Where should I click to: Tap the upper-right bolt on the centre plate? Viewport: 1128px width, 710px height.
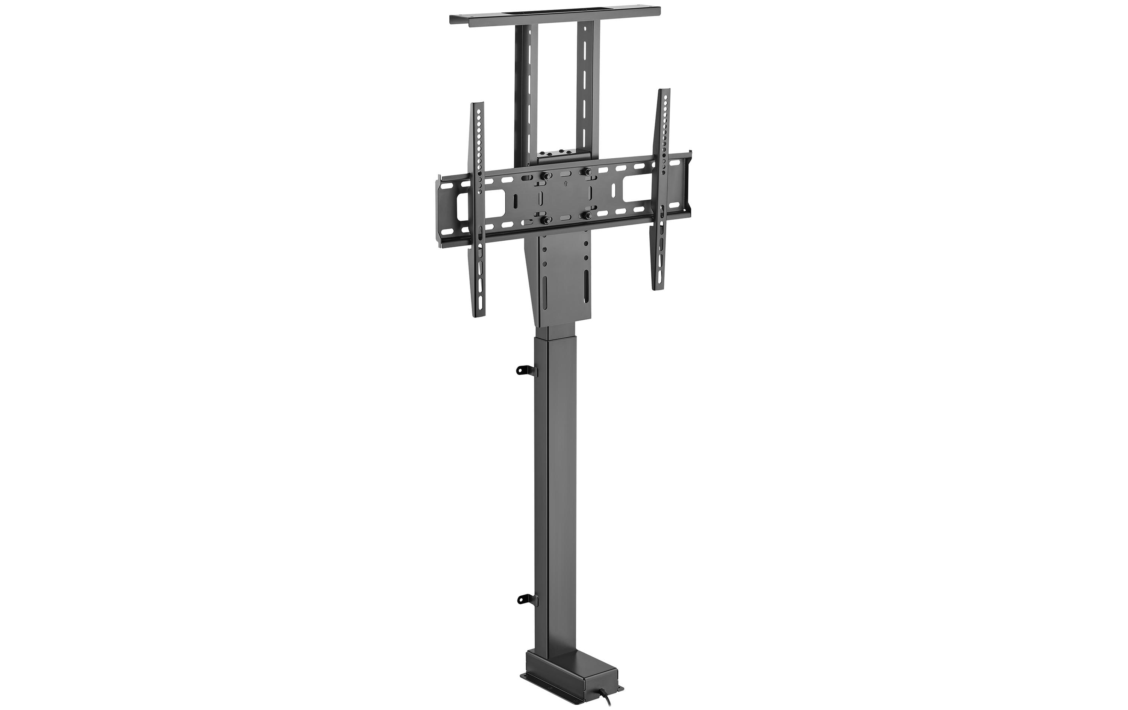click(x=585, y=173)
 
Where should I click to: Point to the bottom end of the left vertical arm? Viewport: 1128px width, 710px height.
click(x=480, y=314)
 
